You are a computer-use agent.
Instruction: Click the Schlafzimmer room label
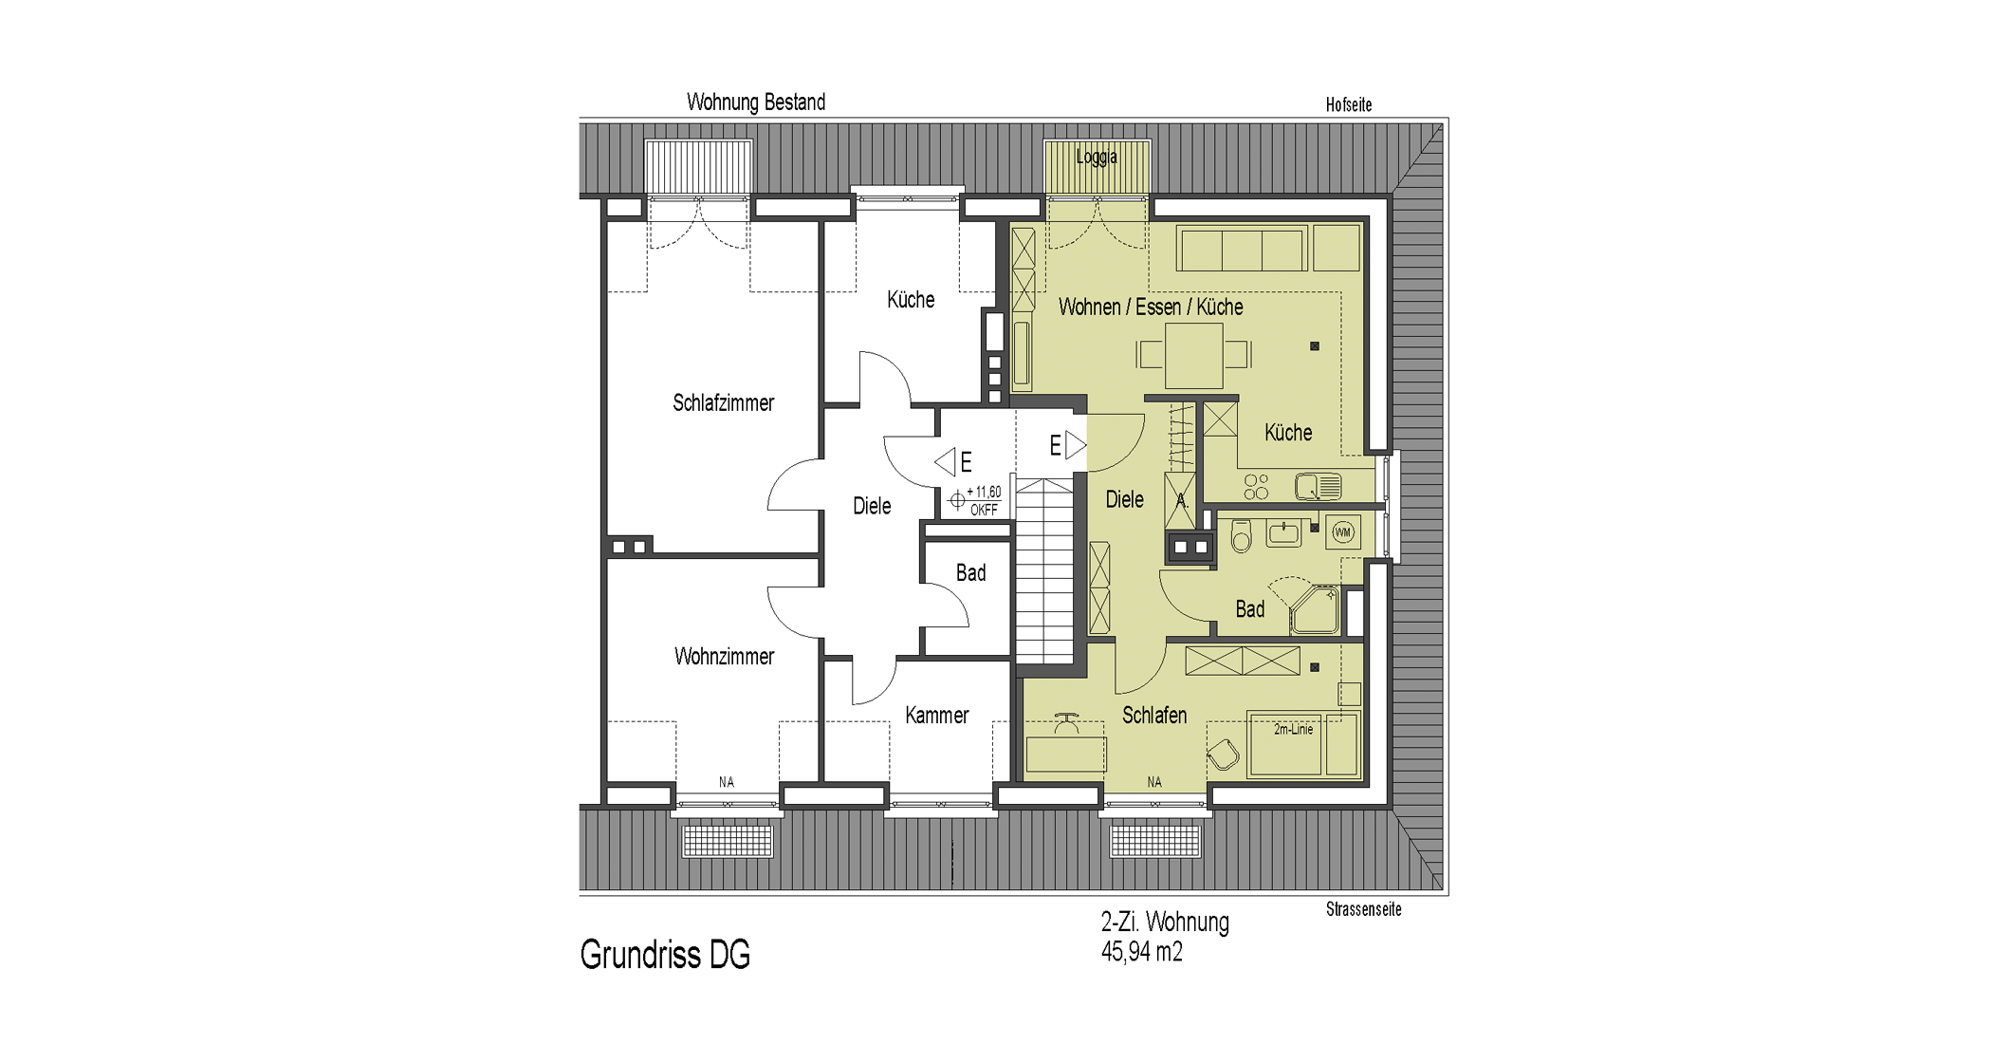tap(724, 403)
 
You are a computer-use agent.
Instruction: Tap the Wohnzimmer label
tap(724, 657)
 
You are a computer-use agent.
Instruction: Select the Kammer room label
tap(937, 716)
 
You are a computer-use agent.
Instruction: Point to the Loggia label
tap(1097, 157)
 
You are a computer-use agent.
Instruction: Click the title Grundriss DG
tap(665, 955)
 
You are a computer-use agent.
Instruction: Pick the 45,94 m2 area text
tap(1142, 951)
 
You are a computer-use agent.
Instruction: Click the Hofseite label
tap(1349, 104)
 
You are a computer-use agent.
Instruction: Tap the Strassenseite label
tap(1364, 909)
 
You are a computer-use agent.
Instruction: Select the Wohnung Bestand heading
tap(756, 103)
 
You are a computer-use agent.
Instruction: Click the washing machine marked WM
tap(1343, 532)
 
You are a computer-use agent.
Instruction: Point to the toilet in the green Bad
tap(1241, 536)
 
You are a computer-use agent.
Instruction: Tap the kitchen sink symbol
tap(1319, 487)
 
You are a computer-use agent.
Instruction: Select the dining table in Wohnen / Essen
tap(1194, 355)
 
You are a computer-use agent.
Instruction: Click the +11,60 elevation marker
tap(976, 500)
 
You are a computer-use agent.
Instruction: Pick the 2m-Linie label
tap(1294, 729)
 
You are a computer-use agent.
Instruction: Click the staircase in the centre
tap(1044, 570)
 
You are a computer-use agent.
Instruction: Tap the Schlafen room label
tap(1154, 716)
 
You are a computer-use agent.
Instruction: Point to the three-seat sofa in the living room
tap(1242, 249)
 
